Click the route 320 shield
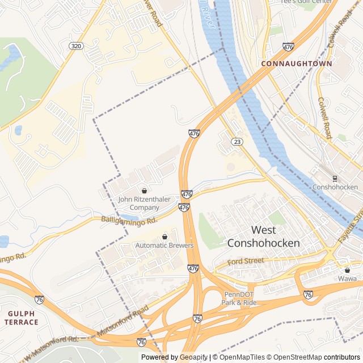point(75,45)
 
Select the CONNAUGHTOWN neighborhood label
point(297,64)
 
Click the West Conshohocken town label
point(263,237)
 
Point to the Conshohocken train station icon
point(335,178)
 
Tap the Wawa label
point(347,278)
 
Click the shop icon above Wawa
point(347,270)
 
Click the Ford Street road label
point(246,261)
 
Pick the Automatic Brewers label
point(164,246)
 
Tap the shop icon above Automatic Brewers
point(165,237)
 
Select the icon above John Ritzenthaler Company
point(143,191)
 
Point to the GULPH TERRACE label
point(23,318)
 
